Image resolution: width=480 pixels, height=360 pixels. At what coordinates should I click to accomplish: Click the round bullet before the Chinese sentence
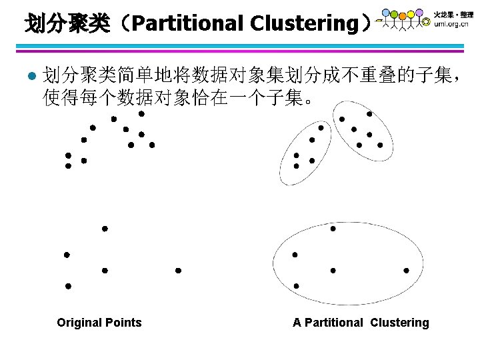point(26,75)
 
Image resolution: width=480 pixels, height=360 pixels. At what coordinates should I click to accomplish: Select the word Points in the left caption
point(124,323)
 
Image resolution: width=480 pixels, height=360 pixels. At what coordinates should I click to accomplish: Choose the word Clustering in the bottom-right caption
point(400,323)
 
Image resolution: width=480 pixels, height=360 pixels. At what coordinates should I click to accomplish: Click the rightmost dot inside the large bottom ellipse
point(406,271)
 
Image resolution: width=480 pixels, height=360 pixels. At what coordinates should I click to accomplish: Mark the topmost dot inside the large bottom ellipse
point(333,229)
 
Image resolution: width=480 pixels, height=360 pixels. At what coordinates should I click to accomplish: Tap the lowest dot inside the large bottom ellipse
point(296,286)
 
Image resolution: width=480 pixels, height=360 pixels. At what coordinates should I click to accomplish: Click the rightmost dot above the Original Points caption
point(178,271)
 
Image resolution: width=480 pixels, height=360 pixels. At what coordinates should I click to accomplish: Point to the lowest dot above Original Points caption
point(67,286)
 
